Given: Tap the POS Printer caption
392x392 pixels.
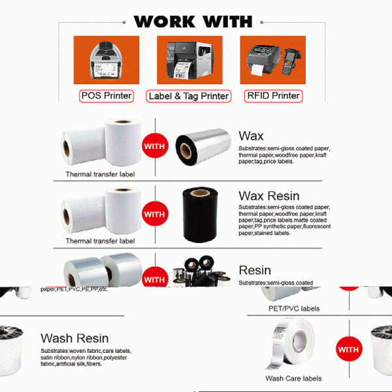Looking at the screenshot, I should pos(106,96).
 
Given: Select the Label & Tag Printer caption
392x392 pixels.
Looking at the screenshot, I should pos(189,97).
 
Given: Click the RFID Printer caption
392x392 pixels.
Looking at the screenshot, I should pos(272,96).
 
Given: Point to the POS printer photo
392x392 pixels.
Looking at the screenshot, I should pos(106,60).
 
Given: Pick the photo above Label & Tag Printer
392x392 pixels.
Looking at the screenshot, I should pos(189,60).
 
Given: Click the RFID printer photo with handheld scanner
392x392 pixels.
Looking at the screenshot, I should pos(273,60).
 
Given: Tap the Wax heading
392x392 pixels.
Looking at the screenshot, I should pos(251,136).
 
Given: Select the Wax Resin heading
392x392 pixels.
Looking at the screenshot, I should pos(269,196).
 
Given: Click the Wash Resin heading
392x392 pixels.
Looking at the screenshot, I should pos(74,338).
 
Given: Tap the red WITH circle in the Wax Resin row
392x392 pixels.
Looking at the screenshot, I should pos(155,214).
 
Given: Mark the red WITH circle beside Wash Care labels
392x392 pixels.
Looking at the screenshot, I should pos(348,350).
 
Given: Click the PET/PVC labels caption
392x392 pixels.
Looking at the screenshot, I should pos(293,308).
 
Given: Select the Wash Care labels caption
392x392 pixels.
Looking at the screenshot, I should pos(293,378).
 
